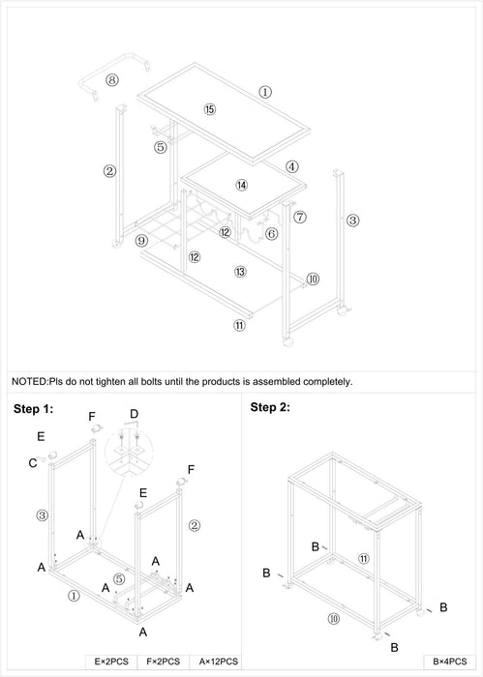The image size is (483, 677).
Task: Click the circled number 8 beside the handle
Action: (112, 80)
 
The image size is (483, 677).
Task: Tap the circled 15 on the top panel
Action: (209, 109)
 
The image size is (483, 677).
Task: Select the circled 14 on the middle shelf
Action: (242, 186)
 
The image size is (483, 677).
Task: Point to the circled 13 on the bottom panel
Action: (240, 272)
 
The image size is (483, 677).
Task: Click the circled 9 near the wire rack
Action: (141, 241)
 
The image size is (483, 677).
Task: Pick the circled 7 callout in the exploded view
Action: (300, 217)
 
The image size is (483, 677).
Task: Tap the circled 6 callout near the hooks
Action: (271, 234)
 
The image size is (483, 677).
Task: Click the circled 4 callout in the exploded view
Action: (292, 166)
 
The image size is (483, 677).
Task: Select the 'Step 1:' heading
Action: (33, 409)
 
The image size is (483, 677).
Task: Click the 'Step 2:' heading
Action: (270, 407)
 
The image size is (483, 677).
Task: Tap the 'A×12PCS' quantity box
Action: (219, 662)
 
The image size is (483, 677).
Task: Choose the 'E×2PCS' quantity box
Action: (111, 662)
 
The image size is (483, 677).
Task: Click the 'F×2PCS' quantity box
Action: (164, 662)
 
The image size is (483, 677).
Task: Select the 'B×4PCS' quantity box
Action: (450, 662)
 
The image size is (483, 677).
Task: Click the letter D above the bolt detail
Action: (135, 414)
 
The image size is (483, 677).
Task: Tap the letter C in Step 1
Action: (33, 463)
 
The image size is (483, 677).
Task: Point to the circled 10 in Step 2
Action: (334, 619)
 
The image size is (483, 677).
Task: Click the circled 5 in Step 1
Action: (119, 578)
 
